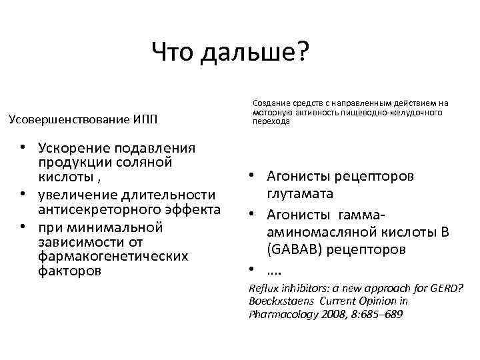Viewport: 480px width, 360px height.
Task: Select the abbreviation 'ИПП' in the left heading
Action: pos(143,119)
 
